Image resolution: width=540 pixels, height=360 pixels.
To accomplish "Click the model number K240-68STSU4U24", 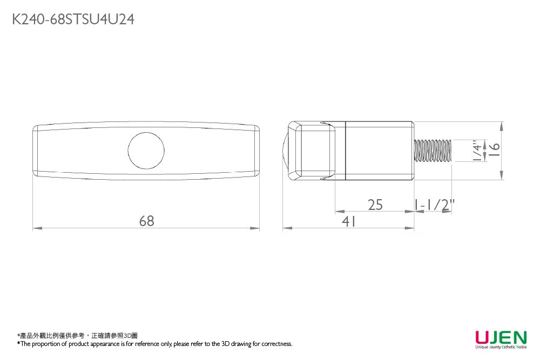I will point(73,20).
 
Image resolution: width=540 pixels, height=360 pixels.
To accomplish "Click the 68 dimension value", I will point(146,221).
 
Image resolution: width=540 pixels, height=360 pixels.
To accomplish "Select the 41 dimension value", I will point(349,221).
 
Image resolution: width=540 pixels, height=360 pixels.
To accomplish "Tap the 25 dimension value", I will point(375,205).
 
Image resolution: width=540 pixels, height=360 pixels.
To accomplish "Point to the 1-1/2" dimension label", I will point(435,205).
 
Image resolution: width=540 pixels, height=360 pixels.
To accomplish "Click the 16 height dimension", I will point(495,150).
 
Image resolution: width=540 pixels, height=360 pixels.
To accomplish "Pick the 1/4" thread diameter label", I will point(477,151).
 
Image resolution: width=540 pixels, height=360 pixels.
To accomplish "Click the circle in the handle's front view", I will point(146,150).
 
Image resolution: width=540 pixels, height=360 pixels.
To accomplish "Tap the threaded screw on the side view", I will point(433,150).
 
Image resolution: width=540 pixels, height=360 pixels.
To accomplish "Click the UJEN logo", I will point(501,337).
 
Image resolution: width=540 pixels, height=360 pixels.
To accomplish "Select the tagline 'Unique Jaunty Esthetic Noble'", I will point(501,347).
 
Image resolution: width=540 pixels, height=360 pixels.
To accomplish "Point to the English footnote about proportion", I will point(155,344).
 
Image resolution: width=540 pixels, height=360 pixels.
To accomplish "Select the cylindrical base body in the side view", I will point(380,150).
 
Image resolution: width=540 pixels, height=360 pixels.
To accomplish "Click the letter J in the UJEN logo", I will point(494,337).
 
